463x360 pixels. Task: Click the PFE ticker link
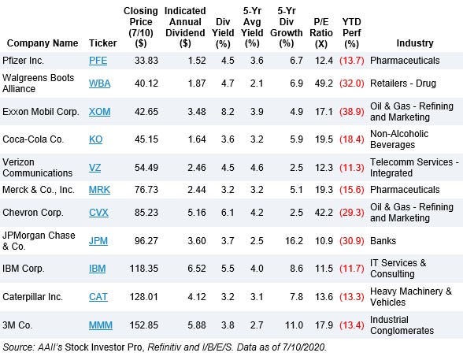pyautogui.click(x=98, y=61)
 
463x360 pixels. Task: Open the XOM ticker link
pyautogui.click(x=100, y=112)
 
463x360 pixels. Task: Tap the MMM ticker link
pyautogui.click(x=101, y=325)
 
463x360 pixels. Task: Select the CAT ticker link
pyautogui.click(x=98, y=296)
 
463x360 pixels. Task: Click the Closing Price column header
pyautogui.click(x=141, y=27)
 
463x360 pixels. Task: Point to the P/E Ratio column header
pyautogui.click(x=321, y=32)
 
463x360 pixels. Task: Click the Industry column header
pyautogui.click(x=415, y=43)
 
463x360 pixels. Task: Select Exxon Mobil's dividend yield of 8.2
pyautogui.click(x=228, y=112)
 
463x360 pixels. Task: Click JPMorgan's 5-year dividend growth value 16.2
pyautogui.click(x=294, y=241)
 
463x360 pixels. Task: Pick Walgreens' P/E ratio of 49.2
pyautogui.click(x=324, y=84)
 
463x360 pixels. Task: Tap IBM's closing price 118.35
pyautogui.click(x=144, y=269)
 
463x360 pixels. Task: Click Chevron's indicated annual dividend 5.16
pyautogui.click(x=197, y=213)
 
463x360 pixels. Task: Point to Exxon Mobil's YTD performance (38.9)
pyautogui.click(x=352, y=112)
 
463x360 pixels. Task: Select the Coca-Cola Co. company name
pyautogui.click(x=33, y=139)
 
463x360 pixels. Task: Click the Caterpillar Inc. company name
pyautogui.click(x=32, y=296)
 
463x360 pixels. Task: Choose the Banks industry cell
pyautogui.click(x=383, y=241)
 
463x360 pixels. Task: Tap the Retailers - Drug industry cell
pyautogui.click(x=403, y=84)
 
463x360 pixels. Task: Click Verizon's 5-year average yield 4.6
pyautogui.click(x=257, y=168)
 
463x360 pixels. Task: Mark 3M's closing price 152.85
pyautogui.click(x=144, y=325)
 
